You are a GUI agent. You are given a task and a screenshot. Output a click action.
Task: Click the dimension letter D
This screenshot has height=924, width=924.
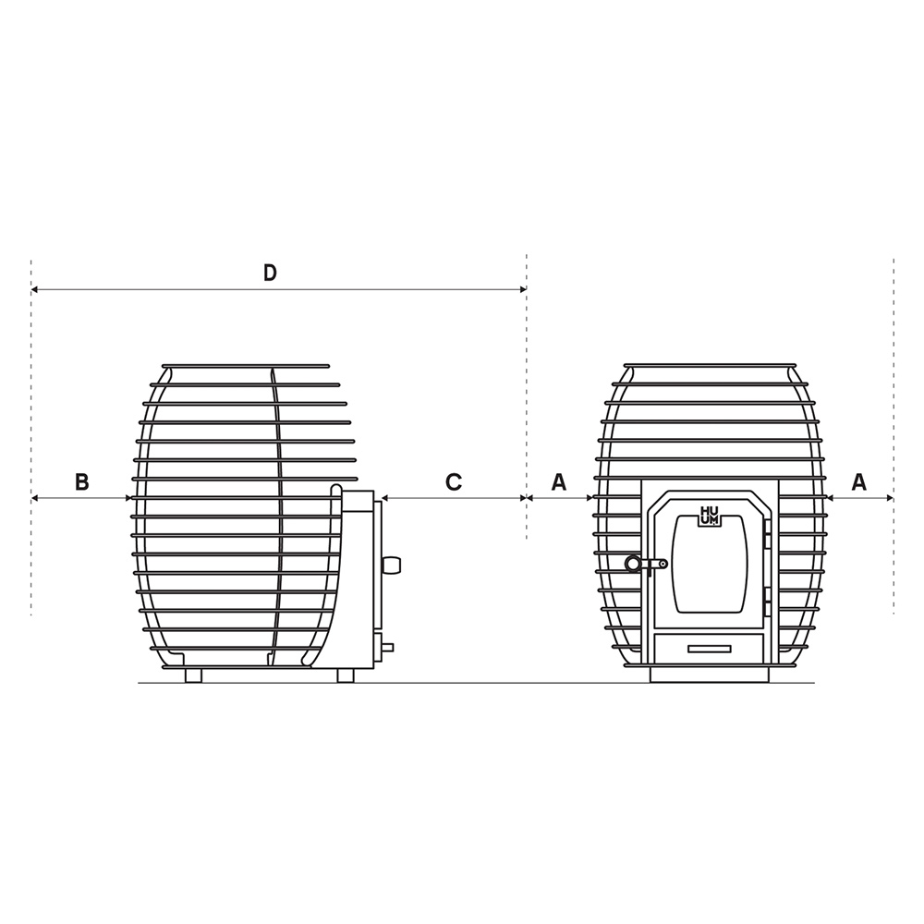click(269, 273)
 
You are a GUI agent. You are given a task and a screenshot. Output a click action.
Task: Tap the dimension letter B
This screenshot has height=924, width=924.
click(82, 481)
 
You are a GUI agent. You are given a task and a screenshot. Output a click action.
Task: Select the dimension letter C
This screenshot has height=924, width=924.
click(453, 482)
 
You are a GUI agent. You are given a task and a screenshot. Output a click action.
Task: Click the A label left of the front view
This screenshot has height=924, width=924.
click(559, 482)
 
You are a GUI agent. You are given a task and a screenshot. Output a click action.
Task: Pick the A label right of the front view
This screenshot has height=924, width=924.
click(859, 482)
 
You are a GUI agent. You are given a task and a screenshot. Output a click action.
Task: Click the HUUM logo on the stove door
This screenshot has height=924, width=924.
click(709, 516)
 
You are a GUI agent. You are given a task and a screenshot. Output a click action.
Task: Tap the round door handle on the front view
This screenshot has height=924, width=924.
click(634, 564)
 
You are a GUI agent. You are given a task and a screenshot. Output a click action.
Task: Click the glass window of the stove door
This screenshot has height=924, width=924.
click(709, 564)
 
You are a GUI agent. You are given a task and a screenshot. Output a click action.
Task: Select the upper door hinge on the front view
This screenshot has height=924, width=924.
click(767, 530)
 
